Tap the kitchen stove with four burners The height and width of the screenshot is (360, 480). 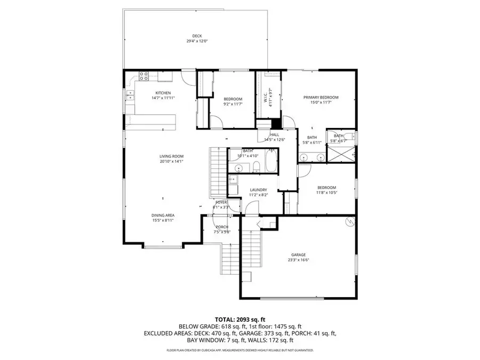pos(143,76)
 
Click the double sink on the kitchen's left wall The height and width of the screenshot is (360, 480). pos(130,95)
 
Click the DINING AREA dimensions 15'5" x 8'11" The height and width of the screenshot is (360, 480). pos(163,220)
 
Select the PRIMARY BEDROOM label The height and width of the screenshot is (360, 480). pos(321,97)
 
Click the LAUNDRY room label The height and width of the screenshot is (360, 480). pos(258,189)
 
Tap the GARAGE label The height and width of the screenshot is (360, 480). pos(298,255)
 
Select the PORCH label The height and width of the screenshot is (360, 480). pos(222,227)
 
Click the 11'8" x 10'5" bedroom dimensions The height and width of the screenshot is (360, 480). pos(326,193)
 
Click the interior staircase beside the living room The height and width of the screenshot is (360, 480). pos(217,171)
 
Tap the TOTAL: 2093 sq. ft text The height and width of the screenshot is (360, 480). pos(239,318)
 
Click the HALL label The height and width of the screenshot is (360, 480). pos(275,135)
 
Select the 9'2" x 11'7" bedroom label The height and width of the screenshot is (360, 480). pos(233,99)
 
